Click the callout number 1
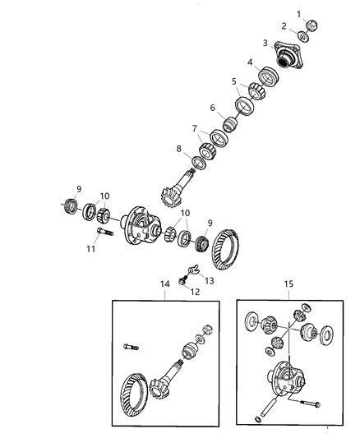click(299, 14)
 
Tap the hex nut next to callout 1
click(312, 25)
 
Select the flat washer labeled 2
click(302, 37)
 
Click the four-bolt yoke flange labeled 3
click(288, 56)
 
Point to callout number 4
click(250, 62)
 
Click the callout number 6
click(213, 108)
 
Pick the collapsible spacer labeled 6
click(231, 123)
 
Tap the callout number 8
click(178, 149)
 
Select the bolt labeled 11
click(105, 231)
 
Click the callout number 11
click(90, 248)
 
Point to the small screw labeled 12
click(182, 280)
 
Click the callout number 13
click(210, 280)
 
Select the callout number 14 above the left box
click(164, 284)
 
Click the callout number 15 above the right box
click(288, 284)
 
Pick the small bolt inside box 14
click(131, 348)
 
